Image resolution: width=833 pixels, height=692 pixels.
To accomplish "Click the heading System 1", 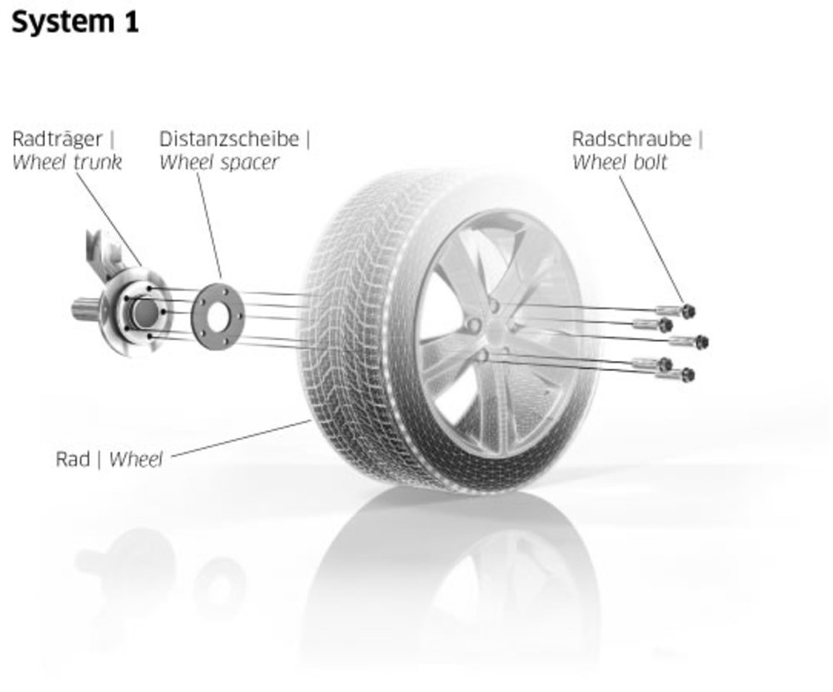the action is coord(75,23).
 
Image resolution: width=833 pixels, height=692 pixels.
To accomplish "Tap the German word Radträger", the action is coord(57,139).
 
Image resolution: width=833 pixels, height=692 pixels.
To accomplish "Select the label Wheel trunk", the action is coord(67,163).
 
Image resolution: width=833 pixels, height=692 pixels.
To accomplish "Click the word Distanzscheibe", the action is coord(229,139).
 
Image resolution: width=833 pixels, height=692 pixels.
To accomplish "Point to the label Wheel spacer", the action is coord(219,163).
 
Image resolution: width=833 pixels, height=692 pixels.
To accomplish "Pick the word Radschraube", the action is coord(631,139).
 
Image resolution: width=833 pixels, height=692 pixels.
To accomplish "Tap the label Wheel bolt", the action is coord(620,163).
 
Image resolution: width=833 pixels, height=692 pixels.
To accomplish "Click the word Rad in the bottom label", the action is coord(72,459).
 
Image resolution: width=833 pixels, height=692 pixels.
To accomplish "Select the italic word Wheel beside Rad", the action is coord(136,459).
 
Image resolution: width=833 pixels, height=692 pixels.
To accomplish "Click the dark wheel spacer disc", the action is coord(201,318).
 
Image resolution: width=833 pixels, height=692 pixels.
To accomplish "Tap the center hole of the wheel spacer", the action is coord(217,318).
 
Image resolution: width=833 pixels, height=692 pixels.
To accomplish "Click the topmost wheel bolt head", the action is coord(688,311).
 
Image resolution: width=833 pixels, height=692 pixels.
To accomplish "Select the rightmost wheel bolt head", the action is coord(701,342).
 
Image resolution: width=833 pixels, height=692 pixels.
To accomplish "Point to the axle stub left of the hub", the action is coord(84,308).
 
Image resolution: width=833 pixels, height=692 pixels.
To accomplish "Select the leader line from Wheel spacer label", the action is coord(209,225).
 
